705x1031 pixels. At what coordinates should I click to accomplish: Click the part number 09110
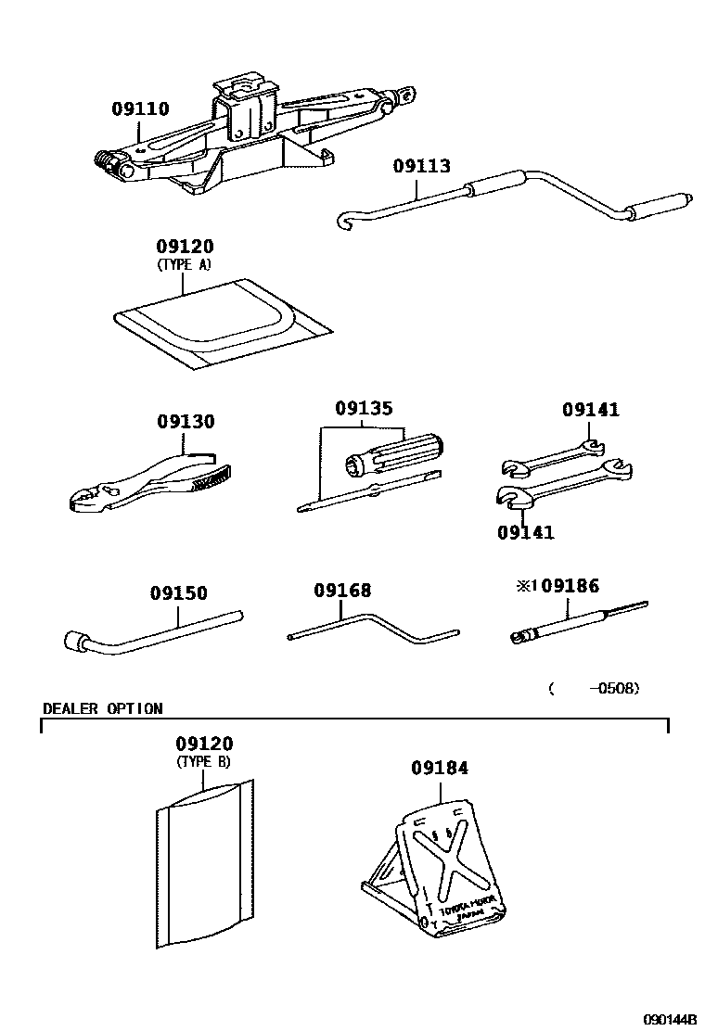(x=140, y=109)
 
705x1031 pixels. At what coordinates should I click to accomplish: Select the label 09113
(x=421, y=167)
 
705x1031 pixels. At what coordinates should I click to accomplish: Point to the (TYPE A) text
(x=186, y=264)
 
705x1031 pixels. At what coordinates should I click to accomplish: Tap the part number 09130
(x=186, y=422)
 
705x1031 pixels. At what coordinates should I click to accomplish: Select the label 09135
(x=364, y=409)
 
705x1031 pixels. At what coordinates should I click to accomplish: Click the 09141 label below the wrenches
(x=526, y=532)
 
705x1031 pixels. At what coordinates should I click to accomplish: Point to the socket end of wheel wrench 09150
(x=76, y=639)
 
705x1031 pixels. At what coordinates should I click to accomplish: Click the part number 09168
(x=342, y=590)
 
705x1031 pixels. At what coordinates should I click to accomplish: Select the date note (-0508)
(x=594, y=688)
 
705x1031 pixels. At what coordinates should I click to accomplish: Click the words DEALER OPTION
(x=102, y=709)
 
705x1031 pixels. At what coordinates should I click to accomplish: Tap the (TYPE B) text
(x=204, y=762)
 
